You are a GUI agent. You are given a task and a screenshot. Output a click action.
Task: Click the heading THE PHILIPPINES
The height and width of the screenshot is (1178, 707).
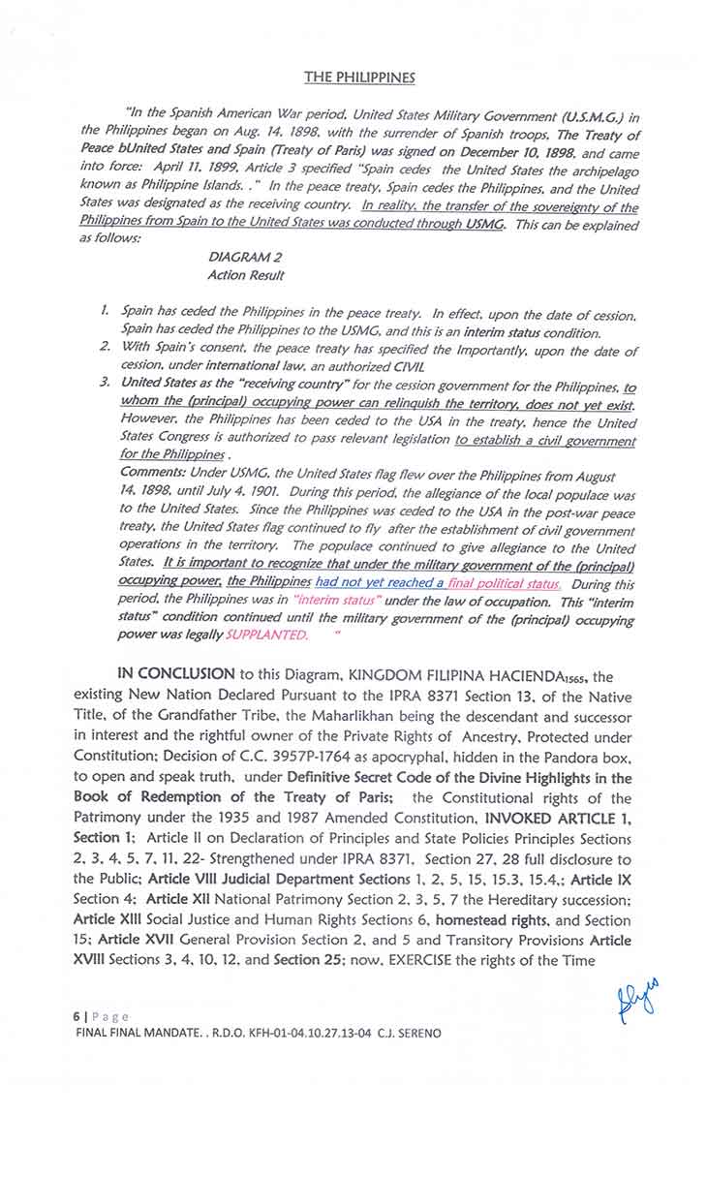(x=359, y=77)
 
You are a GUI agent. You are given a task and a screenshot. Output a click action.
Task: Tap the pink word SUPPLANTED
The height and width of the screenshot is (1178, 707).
(x=266, y=635)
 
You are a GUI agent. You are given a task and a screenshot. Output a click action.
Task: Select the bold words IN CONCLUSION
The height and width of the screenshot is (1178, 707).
(x=175, y=674)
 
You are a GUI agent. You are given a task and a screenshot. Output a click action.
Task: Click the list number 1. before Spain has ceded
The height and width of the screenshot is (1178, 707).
(x=105, y=312)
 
